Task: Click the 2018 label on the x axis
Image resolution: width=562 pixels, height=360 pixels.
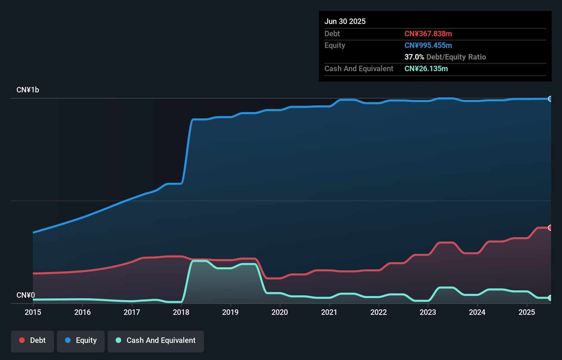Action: click(181, 312)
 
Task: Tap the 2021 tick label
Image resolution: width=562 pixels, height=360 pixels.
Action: click(329, 312)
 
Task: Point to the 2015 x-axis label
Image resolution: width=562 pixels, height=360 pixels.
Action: click(33, 312)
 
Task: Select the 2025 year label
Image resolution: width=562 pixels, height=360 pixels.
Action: click(526, 312)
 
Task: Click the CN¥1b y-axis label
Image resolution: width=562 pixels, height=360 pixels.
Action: click(28, 90)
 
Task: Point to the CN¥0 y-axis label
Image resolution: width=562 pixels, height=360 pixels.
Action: click(26, 295)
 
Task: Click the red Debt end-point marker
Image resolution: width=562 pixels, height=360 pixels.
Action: click(550, 228)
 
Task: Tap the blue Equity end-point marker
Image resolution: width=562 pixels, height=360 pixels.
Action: click(550, 99)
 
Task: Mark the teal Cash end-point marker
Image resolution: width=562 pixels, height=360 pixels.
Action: click(550, 298)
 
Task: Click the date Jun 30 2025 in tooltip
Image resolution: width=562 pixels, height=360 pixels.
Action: click(345, 21)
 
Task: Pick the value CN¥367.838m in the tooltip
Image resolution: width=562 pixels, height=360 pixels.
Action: click(428, 34)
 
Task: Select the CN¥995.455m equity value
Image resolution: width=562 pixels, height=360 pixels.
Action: click(428, 45)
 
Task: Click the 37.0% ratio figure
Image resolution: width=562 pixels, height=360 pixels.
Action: click(414, 57)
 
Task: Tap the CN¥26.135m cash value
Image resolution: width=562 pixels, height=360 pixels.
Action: click(426, 68)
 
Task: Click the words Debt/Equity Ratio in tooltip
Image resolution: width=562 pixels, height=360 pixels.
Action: click(456, 57)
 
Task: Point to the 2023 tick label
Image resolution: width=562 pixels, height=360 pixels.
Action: click(428, 312)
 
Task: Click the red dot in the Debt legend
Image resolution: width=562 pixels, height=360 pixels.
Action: click(22, 340)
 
